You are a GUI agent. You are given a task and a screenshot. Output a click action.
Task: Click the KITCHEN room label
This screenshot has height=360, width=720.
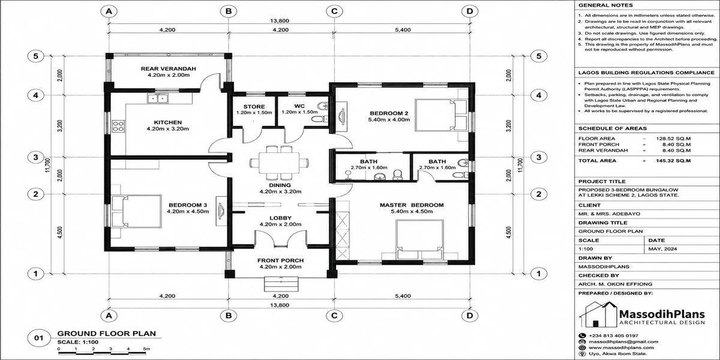click(168, 122)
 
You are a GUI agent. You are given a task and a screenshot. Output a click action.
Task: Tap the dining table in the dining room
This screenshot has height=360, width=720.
click(279, 163)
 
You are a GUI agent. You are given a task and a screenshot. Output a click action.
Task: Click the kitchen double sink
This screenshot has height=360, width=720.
click(157, 98)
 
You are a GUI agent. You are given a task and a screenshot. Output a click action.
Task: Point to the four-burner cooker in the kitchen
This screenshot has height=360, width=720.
click(118, 125)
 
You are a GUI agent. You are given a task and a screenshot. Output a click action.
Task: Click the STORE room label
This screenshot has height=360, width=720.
click(254, 107)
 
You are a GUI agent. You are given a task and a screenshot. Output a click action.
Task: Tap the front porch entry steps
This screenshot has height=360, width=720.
click(281, 284)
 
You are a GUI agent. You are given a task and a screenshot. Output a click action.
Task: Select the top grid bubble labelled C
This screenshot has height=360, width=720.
click(334, 11)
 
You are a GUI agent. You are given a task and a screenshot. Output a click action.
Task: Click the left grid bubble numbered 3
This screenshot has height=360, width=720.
click(35, 157)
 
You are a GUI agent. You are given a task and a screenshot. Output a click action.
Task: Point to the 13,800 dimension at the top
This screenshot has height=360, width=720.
click(280, 21)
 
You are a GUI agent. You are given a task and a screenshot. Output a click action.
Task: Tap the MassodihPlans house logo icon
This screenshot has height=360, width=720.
click(598, 314)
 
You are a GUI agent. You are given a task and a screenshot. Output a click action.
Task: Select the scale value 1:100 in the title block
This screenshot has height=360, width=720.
click(586, 249)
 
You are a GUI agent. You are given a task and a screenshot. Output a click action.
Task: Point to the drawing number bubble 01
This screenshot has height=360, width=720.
click(38, 338)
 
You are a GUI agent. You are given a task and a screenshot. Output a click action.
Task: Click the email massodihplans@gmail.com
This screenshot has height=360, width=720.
click(623, 341)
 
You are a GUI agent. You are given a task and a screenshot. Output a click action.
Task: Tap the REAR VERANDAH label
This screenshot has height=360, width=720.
click(169, 69)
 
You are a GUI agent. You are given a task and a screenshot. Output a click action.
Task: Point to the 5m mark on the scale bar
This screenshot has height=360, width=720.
click(146, 349)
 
